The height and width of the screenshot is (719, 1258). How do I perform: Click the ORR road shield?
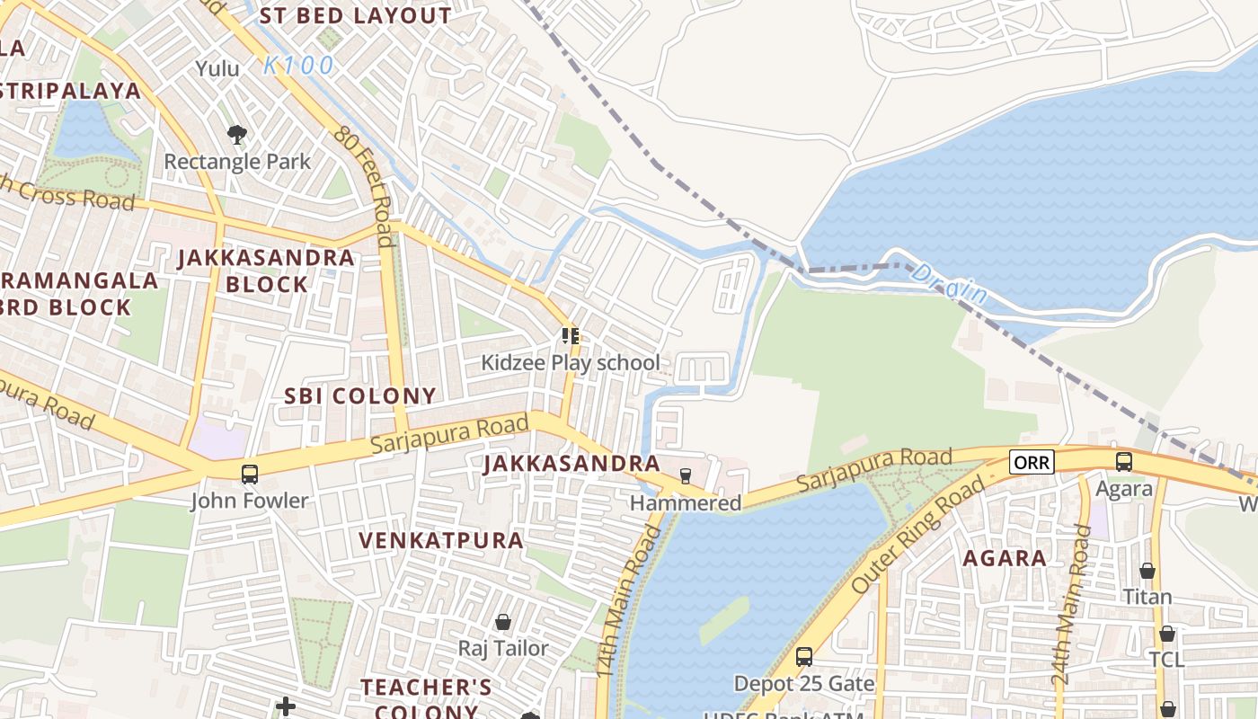1031,462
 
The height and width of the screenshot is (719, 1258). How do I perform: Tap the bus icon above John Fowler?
250,474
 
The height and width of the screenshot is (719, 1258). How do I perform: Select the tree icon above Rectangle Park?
237,135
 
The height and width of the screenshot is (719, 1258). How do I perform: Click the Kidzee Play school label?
571,362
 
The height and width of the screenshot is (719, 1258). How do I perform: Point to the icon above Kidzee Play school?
570,336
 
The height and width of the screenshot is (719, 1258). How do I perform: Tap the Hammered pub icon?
686,475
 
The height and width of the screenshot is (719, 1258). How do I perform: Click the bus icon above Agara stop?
1123,462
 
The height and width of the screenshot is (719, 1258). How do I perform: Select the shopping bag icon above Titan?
1147,570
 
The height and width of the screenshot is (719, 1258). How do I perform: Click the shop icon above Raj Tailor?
503,622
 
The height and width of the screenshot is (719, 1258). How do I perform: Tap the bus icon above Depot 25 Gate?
804,657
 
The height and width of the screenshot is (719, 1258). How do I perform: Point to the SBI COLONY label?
360,395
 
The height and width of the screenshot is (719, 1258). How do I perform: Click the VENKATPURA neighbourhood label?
441,540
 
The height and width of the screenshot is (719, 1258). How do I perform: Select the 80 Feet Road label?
364,184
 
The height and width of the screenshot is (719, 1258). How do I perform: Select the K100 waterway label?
298,66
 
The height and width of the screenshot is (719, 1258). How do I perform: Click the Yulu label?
217,68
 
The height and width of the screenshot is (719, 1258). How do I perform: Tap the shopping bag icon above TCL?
1166,634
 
